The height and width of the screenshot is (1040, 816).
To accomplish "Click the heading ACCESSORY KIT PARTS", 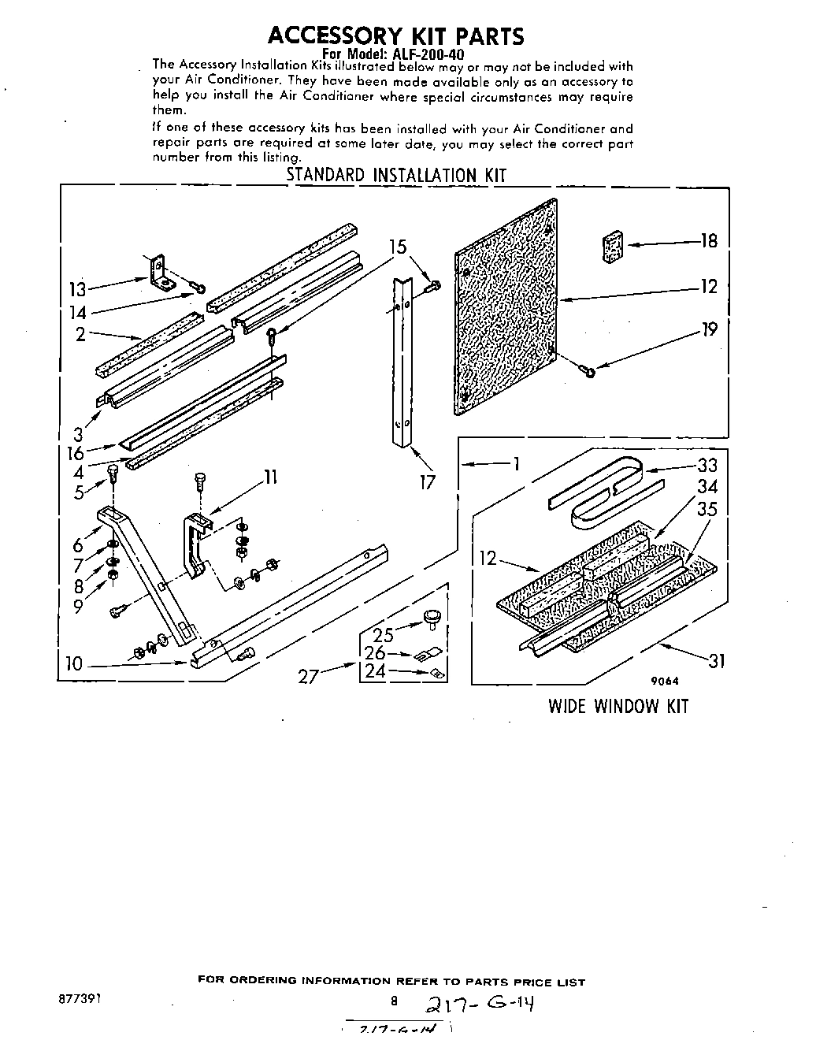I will click(395, 35).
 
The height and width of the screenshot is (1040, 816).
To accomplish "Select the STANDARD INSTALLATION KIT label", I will click(395, 175).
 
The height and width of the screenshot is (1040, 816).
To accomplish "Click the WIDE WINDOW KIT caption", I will click(618, 706).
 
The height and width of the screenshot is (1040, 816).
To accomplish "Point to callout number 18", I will click(709, 241).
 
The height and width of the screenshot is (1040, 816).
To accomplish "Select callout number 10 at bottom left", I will click(74, 664).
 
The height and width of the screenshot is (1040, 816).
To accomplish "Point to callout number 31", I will click(715, 662).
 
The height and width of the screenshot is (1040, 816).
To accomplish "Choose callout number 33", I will click(707, 466).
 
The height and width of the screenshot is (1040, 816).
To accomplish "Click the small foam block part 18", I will click(613, 245).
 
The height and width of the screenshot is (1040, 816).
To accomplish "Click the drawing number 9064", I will click(666, 682).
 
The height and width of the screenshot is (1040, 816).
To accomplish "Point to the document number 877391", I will click(79, 997).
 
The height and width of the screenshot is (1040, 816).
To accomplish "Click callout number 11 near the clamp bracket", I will click(269, 477).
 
